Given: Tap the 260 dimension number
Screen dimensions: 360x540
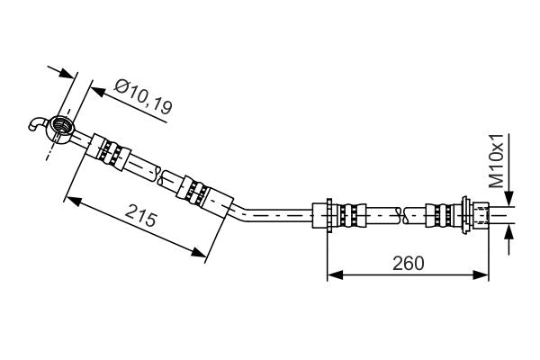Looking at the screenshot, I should [x=408, y=263].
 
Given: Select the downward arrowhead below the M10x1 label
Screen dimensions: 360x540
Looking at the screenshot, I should [x=509, y=202].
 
